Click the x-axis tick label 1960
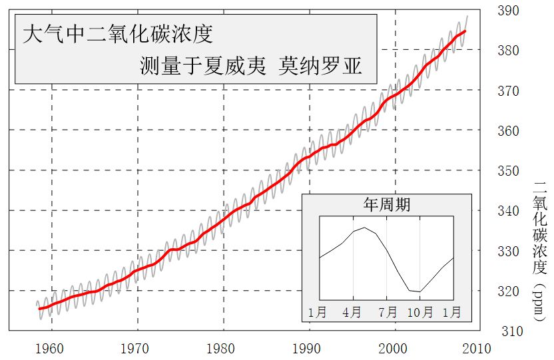[49, 349]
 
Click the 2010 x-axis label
[477, 349]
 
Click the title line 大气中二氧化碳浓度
[118, 34]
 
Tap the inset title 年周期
[387, 204]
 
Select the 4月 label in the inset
[353, 311]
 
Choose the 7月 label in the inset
[387, 311]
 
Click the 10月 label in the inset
[419, 311]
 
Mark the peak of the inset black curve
[364, 228]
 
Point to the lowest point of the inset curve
[419, 291]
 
